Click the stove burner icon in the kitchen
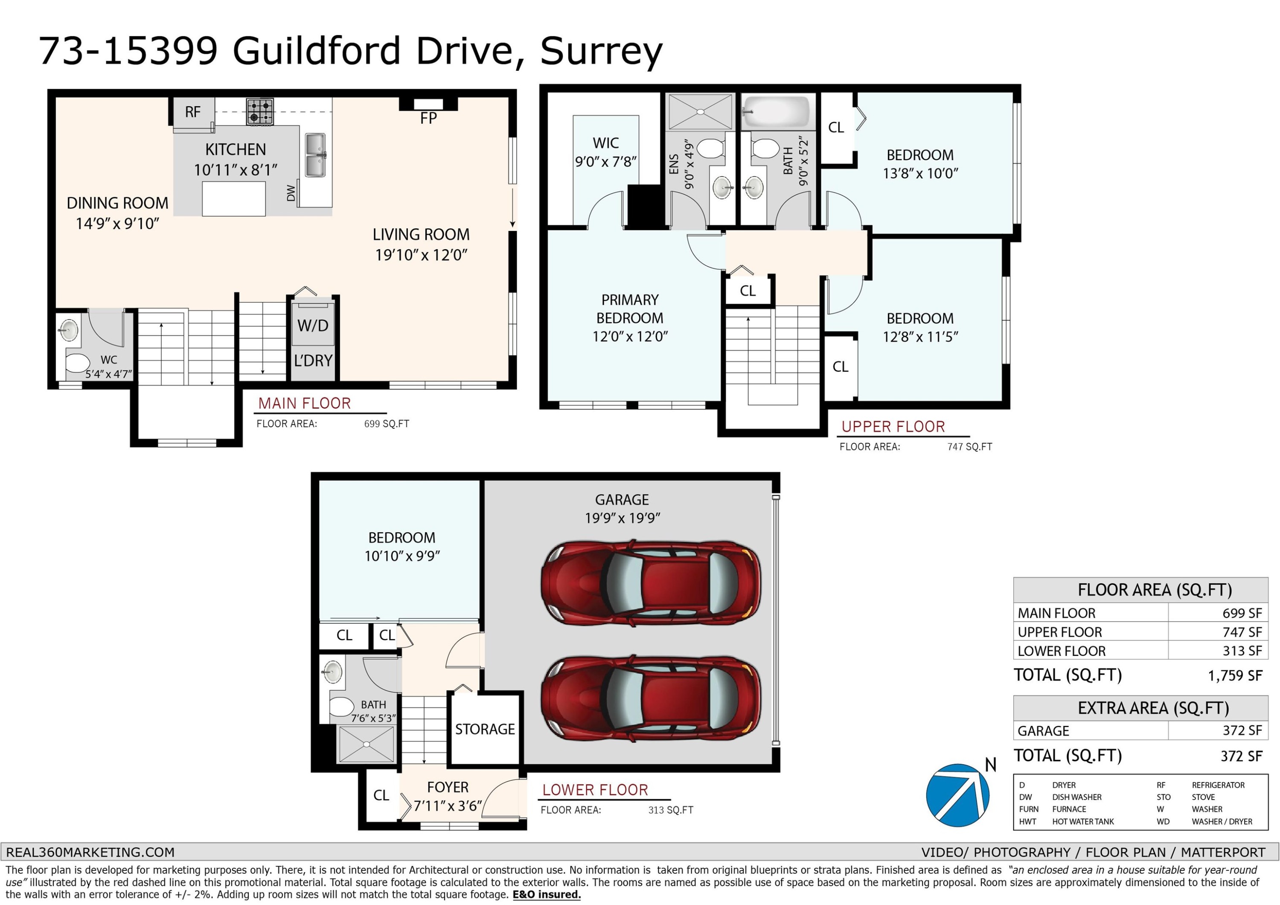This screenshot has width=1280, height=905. (x=260, y=111)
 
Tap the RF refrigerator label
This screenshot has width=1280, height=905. (x=192, y=112)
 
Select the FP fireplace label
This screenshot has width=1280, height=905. (x=428, y=118)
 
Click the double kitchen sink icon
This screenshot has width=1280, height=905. (x=315, y=155)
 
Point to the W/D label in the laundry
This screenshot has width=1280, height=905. (x=313, y=326)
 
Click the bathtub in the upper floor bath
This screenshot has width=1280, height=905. (x=777, y=111)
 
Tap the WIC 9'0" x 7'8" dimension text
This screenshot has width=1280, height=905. (x=606, y=162)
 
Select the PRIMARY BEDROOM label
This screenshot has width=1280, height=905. (x=630, y=309)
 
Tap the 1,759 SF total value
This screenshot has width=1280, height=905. (x=1234, y=676)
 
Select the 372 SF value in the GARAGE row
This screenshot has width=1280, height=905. (x=1242, y=730)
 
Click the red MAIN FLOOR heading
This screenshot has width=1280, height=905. (x=304, y=403)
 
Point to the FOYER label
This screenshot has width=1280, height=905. (x=447, y=787)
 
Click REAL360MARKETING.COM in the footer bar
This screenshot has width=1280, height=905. (x=90, y=852)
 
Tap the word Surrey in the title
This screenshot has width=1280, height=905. (x=601, y=51)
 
